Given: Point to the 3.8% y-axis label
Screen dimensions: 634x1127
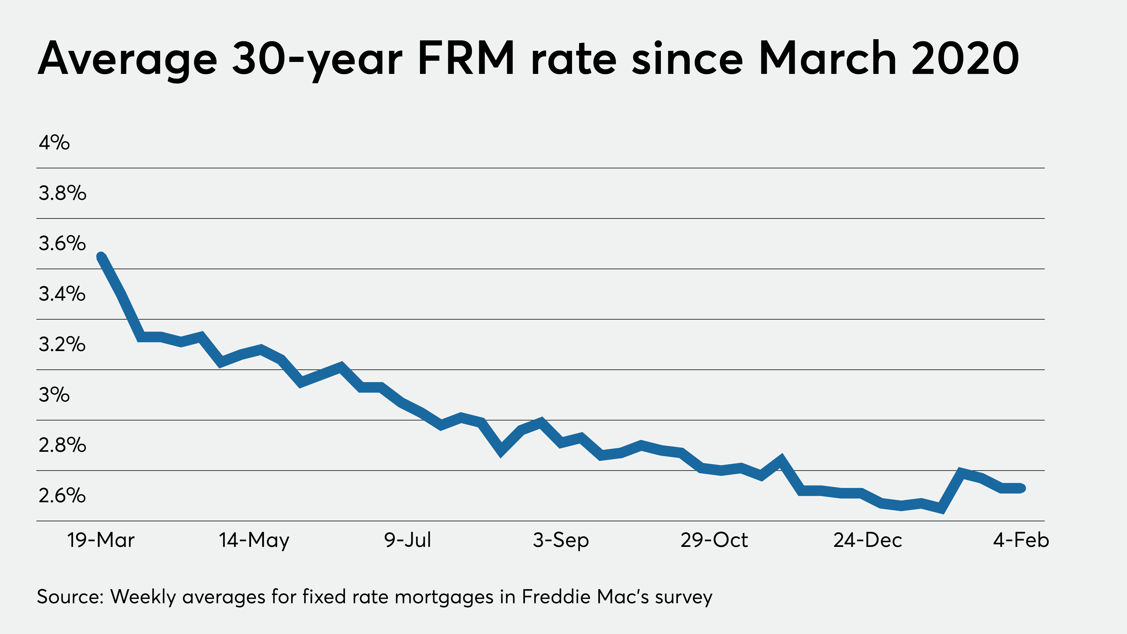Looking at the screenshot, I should pos(62,193).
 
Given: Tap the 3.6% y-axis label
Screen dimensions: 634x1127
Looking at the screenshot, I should pos(62,243).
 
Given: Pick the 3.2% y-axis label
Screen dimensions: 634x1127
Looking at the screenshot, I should pos(62,344).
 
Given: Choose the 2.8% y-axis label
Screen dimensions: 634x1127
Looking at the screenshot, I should pos(62,445).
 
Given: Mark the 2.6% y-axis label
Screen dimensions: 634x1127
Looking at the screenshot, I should pos(62,495).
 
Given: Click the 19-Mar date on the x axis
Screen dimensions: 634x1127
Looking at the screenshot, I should pos(101,540).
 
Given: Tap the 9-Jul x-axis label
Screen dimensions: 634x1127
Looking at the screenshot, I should pos(407,540).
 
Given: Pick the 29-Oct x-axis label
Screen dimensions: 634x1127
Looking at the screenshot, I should pos(714,540).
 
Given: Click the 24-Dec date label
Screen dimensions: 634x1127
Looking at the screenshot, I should pos(868,540).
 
